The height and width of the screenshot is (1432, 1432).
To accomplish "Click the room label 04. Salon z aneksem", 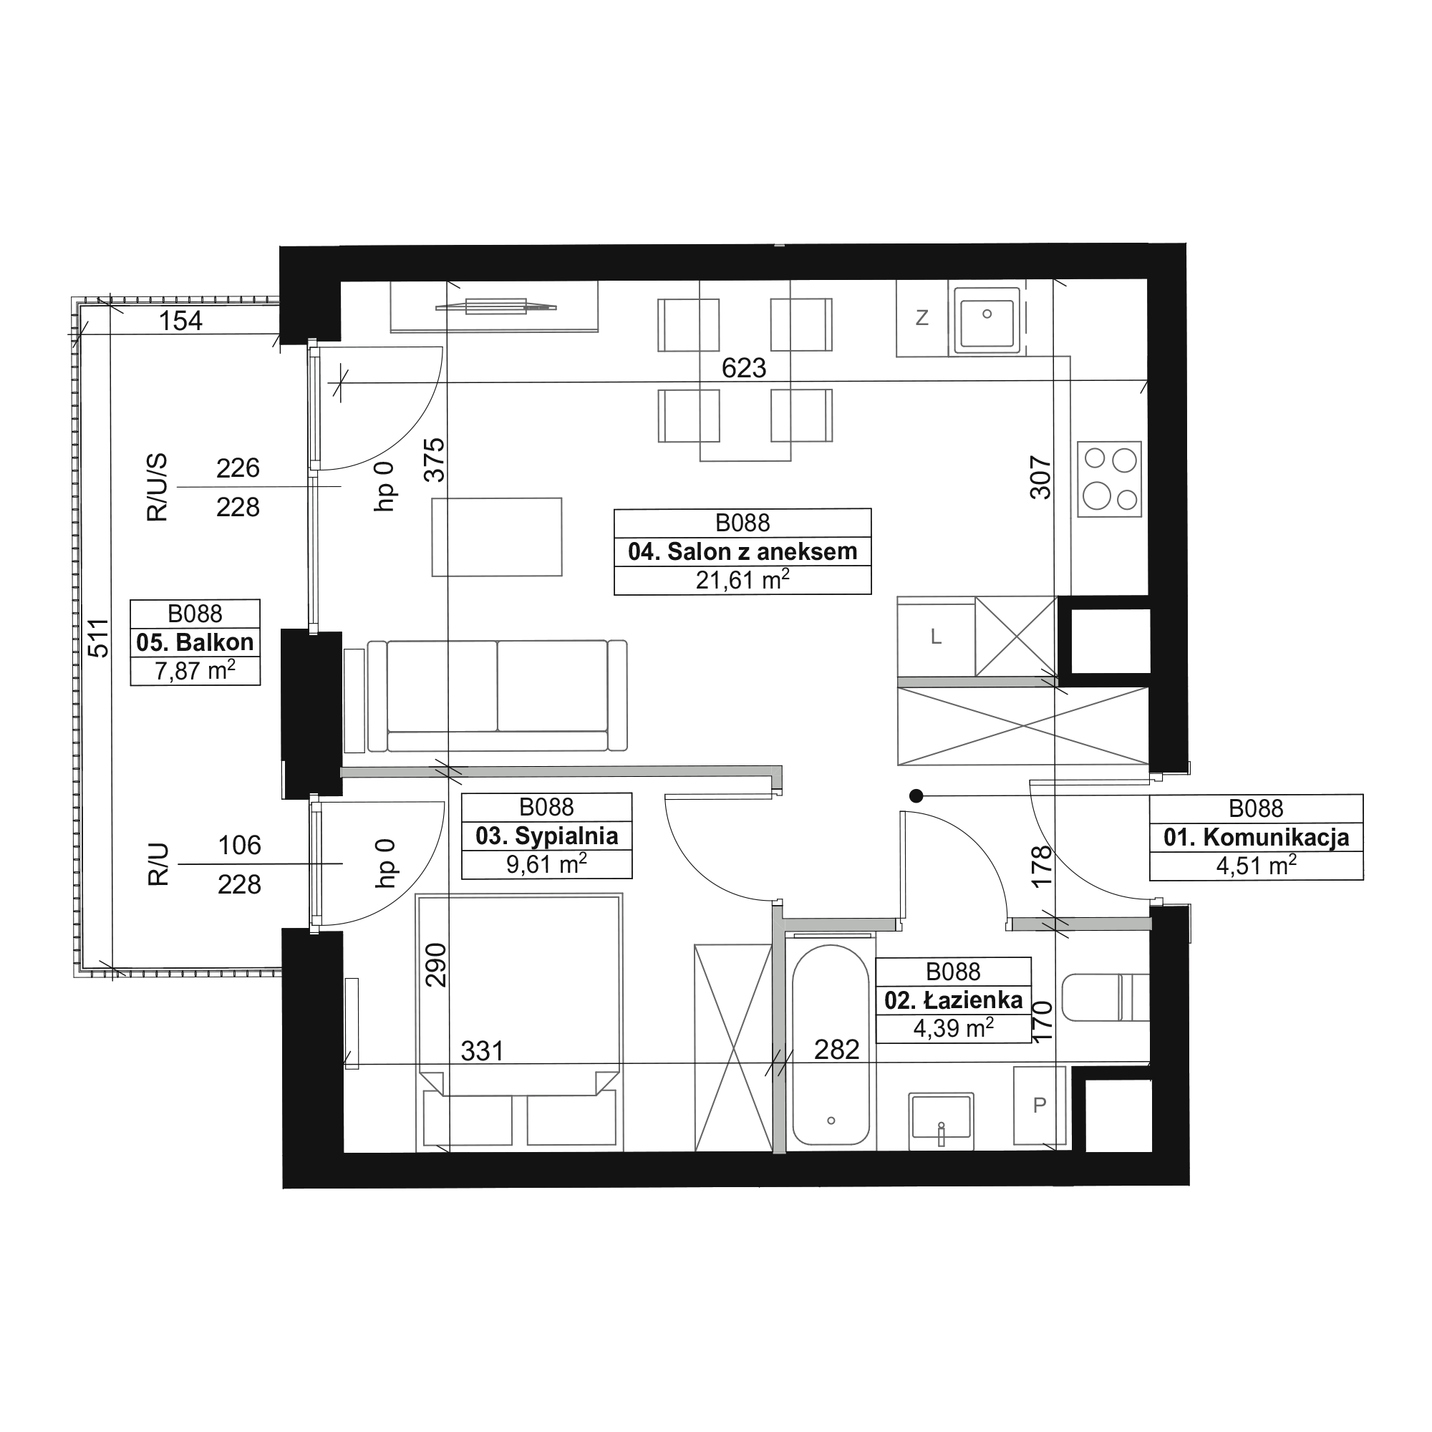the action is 742,552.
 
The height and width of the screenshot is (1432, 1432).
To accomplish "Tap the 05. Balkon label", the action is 195,643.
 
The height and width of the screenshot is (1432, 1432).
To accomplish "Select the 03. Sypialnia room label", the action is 547,836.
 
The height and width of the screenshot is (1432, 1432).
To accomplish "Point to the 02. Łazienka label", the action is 953,1001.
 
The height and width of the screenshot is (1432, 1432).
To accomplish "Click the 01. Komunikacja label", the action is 1257,838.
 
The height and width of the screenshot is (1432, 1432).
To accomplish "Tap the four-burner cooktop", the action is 1110,480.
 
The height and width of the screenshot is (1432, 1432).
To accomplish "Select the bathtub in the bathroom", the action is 831,1046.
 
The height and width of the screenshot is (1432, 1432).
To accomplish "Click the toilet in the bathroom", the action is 1105,997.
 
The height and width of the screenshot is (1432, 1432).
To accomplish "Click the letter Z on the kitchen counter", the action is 922,318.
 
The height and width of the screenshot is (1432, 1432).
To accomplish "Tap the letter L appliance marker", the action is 936,637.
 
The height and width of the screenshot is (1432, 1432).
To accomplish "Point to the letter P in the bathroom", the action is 1039,1105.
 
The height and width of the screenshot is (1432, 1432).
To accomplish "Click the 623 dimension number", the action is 743,368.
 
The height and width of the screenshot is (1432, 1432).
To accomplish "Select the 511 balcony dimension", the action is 98,638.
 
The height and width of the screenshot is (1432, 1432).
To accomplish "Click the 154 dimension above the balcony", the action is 181,321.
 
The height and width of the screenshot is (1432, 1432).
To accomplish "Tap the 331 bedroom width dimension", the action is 482,1051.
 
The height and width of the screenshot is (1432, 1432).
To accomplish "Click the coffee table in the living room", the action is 497,536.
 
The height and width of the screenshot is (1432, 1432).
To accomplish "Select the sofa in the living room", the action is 498,695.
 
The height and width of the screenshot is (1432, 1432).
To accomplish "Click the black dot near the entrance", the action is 916,796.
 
